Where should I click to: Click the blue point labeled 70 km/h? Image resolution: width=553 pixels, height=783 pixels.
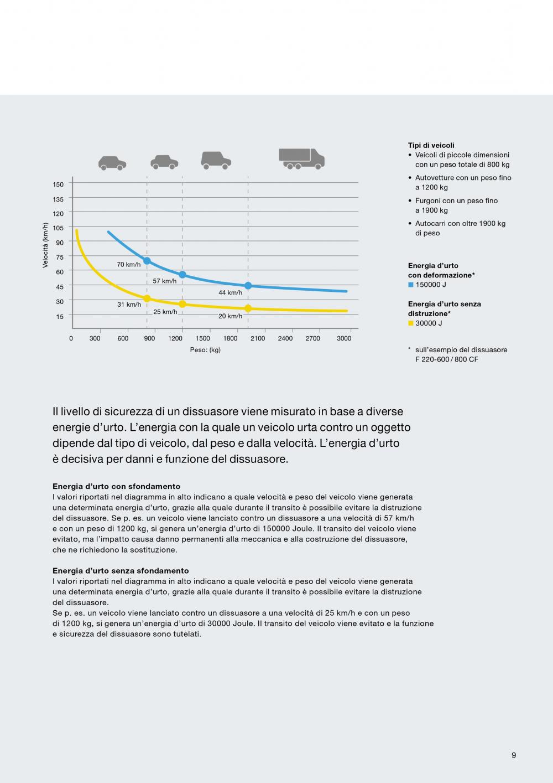click(147, 261)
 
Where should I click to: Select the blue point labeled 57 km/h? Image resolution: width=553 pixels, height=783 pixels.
click(182, 275)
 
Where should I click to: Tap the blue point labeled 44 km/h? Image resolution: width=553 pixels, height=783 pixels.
click(248, 286)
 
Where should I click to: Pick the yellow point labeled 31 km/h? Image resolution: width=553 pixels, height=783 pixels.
click(147, 298)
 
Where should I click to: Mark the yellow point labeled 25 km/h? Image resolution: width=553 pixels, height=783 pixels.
click(182, 304)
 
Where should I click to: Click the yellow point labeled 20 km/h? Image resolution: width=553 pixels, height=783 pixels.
click(248, 308)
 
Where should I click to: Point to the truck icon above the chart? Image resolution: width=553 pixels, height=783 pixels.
click(301, 158)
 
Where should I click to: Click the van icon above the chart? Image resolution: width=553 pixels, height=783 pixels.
click(216, 159)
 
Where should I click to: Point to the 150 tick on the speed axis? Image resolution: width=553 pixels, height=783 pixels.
click(58, 184)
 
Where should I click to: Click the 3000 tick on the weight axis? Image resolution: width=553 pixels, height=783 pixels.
click(344, 338)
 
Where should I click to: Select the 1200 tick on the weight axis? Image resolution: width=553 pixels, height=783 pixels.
click(175, 338)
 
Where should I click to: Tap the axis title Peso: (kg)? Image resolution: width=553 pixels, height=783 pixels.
click(205, 350)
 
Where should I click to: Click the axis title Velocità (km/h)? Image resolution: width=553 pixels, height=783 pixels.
click(45, 246)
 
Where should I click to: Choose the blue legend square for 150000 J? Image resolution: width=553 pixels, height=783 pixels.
click(411, 285)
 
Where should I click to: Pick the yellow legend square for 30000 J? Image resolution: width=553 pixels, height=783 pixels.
click(411, 323)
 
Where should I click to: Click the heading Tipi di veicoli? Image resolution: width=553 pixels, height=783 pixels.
click(431, 145)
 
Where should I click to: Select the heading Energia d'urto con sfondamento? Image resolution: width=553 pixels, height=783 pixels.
click(116, 487)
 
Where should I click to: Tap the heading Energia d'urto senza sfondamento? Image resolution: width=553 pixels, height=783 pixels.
click(121, 571)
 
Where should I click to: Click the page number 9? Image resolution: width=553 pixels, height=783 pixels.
click(514, 755)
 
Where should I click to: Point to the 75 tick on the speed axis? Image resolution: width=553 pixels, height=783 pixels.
click(60, 257)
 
